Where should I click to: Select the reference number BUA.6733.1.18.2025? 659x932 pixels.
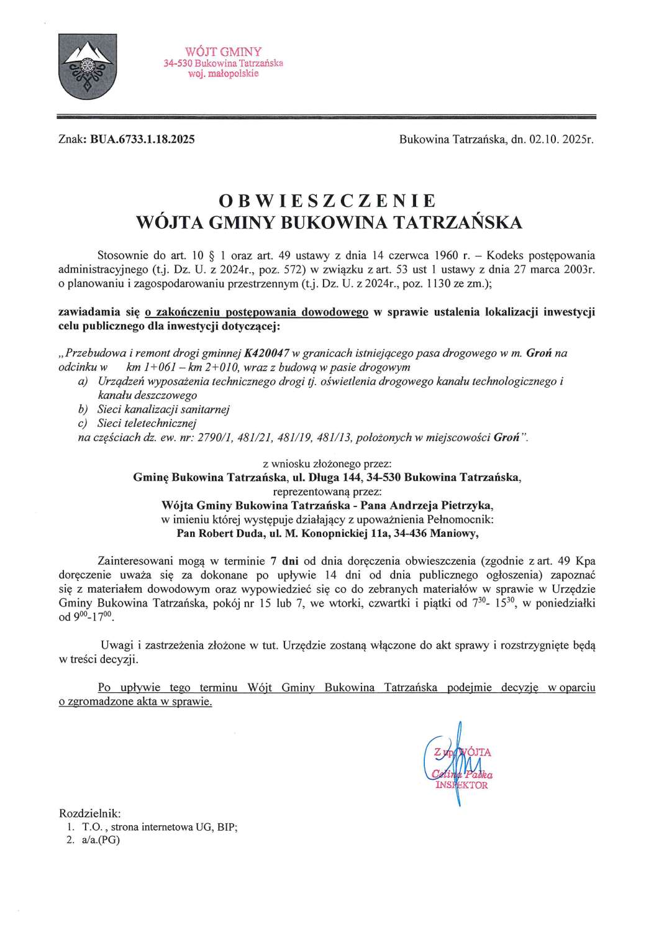142,140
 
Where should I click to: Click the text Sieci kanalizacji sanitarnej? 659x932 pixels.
164,409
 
